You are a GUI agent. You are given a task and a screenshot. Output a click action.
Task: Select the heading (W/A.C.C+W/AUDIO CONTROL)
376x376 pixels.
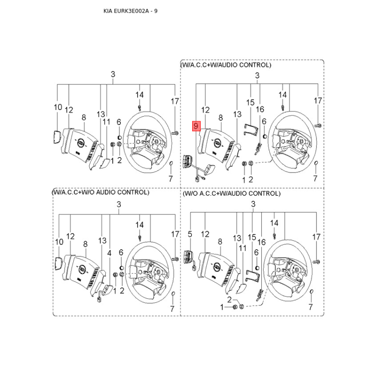coord(226,65)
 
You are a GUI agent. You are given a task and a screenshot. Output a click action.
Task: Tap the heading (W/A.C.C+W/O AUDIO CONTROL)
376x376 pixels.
coord(101,192)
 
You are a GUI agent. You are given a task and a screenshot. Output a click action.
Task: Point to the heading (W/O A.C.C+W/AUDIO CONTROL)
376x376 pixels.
coord(231,194)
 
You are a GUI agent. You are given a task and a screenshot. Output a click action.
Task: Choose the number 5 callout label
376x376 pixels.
coord(190,234)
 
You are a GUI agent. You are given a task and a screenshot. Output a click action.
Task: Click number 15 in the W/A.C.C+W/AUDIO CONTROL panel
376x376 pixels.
coord(250,102)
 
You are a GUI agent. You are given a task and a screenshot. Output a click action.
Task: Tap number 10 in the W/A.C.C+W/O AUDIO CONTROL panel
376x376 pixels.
coord(59,242)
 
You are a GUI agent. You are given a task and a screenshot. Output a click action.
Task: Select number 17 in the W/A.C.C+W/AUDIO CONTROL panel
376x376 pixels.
coord(318,101)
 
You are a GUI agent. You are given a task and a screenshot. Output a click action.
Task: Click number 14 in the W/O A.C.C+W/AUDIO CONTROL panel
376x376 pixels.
coord(274,222)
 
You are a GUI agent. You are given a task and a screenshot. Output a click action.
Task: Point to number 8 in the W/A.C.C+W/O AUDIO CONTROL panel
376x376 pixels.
coord(85,244)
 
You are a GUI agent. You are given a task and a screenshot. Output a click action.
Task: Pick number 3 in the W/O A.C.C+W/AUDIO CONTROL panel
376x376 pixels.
coord(253,204)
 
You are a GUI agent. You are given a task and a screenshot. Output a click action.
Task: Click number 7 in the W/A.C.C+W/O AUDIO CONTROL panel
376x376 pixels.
coord(172,309)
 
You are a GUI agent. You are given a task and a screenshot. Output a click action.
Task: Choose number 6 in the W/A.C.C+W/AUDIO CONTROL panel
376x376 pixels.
coord(264,121)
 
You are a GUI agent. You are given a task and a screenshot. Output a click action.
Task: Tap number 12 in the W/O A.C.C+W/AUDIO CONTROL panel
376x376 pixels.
coord(205,234)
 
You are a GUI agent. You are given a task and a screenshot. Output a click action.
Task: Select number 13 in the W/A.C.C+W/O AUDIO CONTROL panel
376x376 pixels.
coord(102,241)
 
